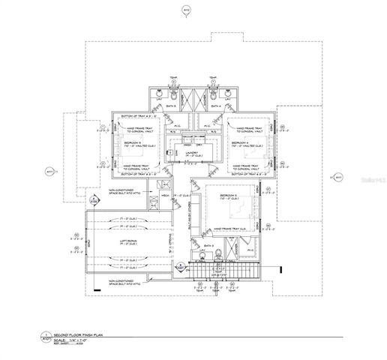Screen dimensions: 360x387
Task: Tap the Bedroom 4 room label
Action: coord(241,142)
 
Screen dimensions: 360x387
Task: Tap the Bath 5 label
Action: coord(171,108)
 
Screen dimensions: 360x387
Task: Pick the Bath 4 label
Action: coord(215,108)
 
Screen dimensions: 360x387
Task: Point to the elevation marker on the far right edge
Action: coord(337,178)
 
